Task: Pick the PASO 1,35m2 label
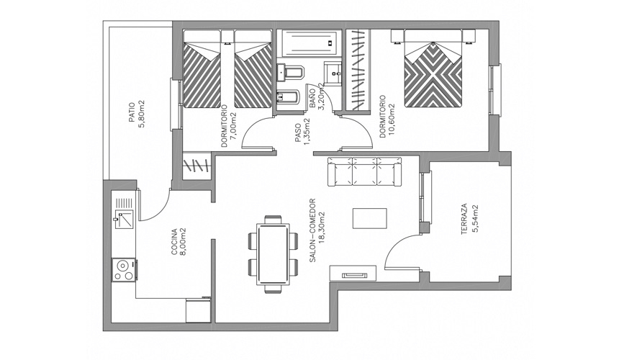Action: (302, 131)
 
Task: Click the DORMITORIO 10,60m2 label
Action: (387, 120)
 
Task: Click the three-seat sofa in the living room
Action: (364, 171)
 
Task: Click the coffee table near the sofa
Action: (369, 218)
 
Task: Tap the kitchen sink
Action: (125, 217)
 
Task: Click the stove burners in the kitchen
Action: (124, 269)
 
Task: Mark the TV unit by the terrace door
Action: (353, 273)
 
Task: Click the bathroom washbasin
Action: (335, 72)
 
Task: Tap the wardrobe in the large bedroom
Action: (358, 71)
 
